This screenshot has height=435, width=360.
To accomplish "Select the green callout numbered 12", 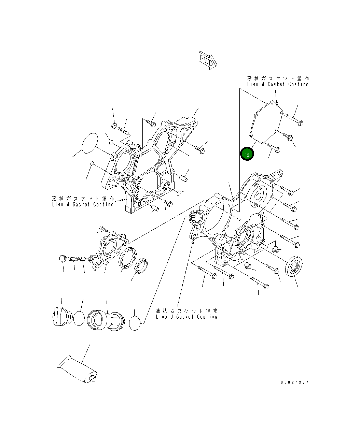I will tap(247, 154).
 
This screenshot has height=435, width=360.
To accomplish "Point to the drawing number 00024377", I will tap(294, 382).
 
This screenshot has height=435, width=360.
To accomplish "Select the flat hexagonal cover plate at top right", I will tap(266, 123).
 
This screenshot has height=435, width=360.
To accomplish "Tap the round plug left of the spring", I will tap(63, 259).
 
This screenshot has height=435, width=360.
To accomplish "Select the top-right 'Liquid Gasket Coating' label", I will tap(278, 81).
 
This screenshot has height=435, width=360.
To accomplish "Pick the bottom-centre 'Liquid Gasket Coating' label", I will tap(186, 314).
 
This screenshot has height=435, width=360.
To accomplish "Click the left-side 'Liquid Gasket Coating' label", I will tap(83, 201).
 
